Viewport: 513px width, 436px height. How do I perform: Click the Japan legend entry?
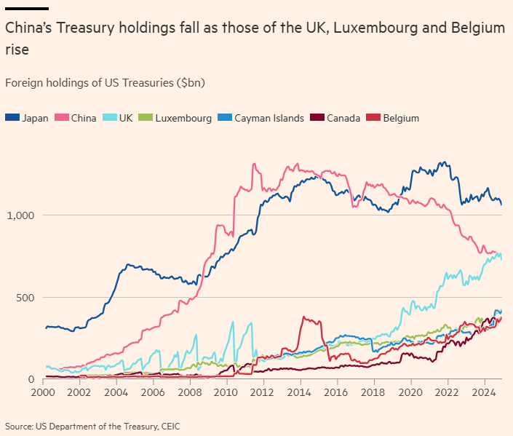pyautogui.click(x=27, y=118)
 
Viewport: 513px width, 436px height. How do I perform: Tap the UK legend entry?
pyautogui.click(x=119, y=118)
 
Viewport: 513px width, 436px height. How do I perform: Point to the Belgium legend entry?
pyautogui.click(x=394, y=118)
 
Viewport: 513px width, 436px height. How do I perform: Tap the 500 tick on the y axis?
pyautogui.click(x=26, y=298)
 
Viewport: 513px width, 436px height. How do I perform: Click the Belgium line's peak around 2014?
pyautogui.click(x=303, y=317)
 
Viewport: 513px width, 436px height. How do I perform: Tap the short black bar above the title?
pyautogui.click(x=26, y=9)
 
